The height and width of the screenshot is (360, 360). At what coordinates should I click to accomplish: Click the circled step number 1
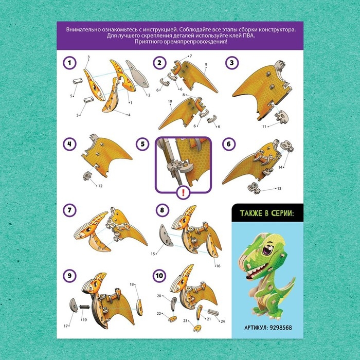tap(69, 63)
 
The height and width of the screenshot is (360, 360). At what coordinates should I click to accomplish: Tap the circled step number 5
tap(142, 144)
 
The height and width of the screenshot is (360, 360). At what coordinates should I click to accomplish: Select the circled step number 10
tap(159, 276)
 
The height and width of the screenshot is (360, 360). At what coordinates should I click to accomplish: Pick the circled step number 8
tap(163, 210)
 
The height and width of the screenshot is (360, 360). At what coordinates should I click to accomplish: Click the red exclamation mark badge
tap(183, 192)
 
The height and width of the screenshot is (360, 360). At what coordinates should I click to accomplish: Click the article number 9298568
tap(280, 328)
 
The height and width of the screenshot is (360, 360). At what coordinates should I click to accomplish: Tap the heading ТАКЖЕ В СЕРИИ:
tap(267, 213)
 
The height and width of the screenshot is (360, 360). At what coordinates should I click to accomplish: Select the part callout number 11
tap(264, 127)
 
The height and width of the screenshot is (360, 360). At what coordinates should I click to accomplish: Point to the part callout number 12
tap(100, 186)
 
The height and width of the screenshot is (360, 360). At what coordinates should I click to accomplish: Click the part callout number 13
tap(279, 189)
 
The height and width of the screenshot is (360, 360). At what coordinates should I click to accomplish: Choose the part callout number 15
tap(153, 254)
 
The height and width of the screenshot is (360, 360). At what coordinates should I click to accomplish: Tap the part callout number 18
tap(132, 284)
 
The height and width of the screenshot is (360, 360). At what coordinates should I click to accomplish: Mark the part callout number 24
tap(223, 321)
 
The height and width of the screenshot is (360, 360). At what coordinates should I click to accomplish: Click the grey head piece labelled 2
tap(137, 74)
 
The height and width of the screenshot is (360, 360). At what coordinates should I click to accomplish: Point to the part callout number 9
tap(206, 64)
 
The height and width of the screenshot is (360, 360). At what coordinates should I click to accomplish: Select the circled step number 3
tap(232, 63)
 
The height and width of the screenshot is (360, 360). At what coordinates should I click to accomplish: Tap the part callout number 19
tap(85, 319)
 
